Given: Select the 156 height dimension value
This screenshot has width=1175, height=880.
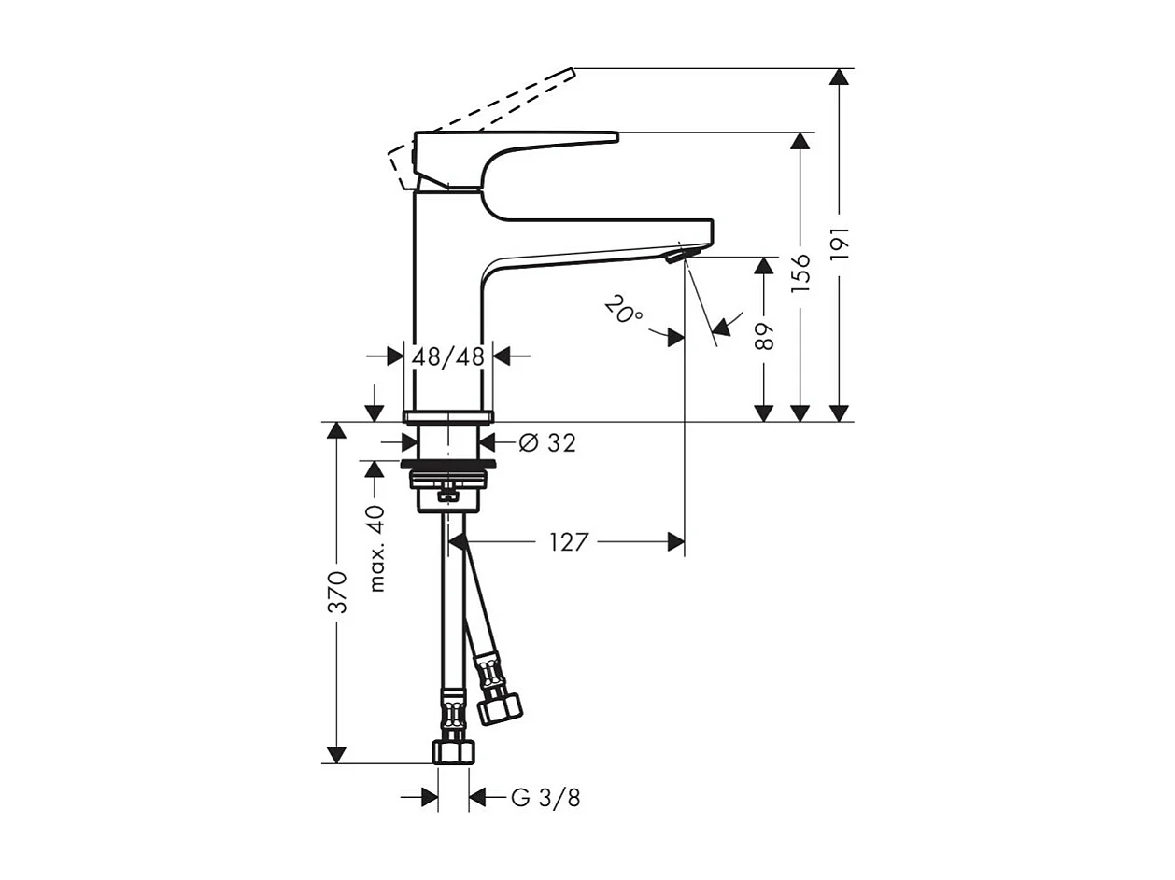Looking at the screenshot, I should coord(800,271).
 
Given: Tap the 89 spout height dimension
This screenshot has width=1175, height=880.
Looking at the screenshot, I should coord(764,335).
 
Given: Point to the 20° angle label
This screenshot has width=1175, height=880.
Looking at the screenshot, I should coord(622,310).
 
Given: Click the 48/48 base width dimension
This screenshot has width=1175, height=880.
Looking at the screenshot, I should coord(447,356).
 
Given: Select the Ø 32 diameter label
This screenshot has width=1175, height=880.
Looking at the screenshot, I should coord(546,443).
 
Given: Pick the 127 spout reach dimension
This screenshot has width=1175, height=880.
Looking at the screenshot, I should coord(569,542).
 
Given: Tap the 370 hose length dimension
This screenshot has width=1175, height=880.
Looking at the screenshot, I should coord(337,592).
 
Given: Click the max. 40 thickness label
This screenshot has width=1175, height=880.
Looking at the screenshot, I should coord(375,549).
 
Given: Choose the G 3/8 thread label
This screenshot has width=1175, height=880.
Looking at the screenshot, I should coord(546,798).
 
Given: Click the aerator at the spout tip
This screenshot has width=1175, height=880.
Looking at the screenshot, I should coord(679,254).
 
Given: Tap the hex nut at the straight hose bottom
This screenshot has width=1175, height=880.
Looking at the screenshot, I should coord(454,750).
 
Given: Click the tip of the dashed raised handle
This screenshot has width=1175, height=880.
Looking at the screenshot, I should coord(571,70).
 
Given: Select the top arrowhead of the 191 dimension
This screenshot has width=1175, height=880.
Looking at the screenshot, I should coord(840,77).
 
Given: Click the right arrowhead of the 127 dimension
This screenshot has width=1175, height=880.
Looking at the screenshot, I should coord(675,542).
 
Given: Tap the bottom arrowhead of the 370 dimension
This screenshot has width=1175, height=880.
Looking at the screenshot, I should coord(337,754).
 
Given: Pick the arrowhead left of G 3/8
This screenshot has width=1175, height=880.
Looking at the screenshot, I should coord(430,798).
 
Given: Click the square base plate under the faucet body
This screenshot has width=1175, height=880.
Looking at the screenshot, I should coord(447,416).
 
